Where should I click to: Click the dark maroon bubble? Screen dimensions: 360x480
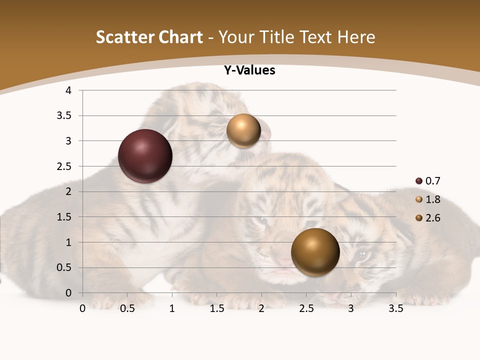(145, 156)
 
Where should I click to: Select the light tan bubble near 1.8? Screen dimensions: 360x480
(243, 131)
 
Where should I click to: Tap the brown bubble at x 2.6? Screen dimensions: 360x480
(315, 252)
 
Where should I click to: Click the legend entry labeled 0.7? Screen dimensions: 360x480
(428, 181)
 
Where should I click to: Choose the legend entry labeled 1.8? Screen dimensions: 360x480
(428, 199)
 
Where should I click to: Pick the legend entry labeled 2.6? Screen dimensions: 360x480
(428, 218)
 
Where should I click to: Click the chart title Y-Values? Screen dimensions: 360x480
(249, 70)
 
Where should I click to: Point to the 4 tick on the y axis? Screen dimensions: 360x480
(68, 90)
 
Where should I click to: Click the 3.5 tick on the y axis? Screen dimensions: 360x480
(65, 116)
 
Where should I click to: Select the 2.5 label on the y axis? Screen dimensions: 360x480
(65, 166)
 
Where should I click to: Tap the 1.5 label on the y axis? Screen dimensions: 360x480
(65, 217)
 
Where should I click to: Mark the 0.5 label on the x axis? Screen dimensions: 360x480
(127, 308)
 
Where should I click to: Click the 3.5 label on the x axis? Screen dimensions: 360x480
(395, 308)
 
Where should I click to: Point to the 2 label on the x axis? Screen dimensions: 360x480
(261, 308)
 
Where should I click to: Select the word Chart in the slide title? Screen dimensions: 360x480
(179, 37)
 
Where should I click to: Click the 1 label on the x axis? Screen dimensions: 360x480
(172, 308)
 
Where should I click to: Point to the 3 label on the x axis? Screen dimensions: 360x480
(350, 308)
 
